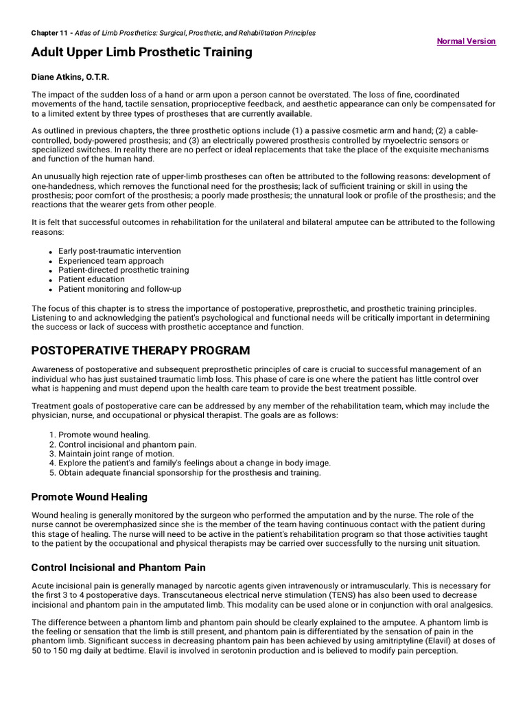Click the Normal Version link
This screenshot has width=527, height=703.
pos(466,41)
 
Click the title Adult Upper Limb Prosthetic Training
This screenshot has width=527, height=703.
pos(141,52)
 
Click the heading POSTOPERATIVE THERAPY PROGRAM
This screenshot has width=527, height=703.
pos(141,351)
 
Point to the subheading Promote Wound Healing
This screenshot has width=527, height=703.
pos(89,497)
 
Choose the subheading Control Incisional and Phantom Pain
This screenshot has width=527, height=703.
pos(119,568)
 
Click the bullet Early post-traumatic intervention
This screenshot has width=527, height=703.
pos(119,251)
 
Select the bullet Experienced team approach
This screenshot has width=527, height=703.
pos(110,261)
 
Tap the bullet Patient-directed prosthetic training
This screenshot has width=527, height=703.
pos(124,270)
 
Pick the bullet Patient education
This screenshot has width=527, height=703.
pos(91,279)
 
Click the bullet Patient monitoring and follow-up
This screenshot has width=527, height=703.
pos(119,289)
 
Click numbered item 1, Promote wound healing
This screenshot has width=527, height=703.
pos(104,435)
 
